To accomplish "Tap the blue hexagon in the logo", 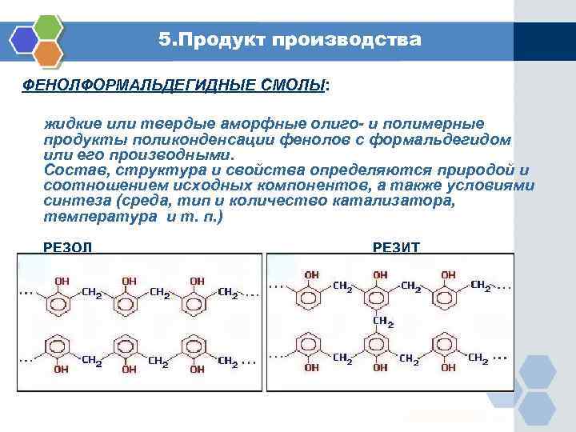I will tap(23, 37).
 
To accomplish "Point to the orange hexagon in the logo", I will tap(50, 54).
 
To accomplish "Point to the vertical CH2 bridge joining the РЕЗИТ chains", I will tap(383, 322).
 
